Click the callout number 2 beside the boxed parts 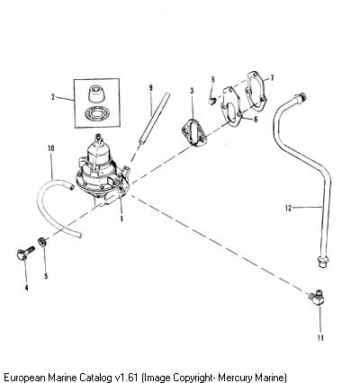(53, 97)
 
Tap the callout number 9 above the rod (150, 87)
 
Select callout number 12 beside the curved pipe (288, 208)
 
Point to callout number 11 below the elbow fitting (320, 338)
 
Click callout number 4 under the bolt (27, 288)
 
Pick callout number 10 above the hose (51, 148)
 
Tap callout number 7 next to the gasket (272, 78)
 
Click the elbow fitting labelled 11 (316, 297)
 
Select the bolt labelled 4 (25, 254)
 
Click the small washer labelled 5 (42, 241)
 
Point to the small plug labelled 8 (211, 100)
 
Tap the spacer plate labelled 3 (194, 134)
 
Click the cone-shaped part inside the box (97, 94)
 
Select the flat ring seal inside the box (96, 113)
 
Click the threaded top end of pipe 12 (301, 98)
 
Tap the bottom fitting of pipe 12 (322, 262)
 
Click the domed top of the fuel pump (98, 150)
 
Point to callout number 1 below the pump (121, 219)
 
